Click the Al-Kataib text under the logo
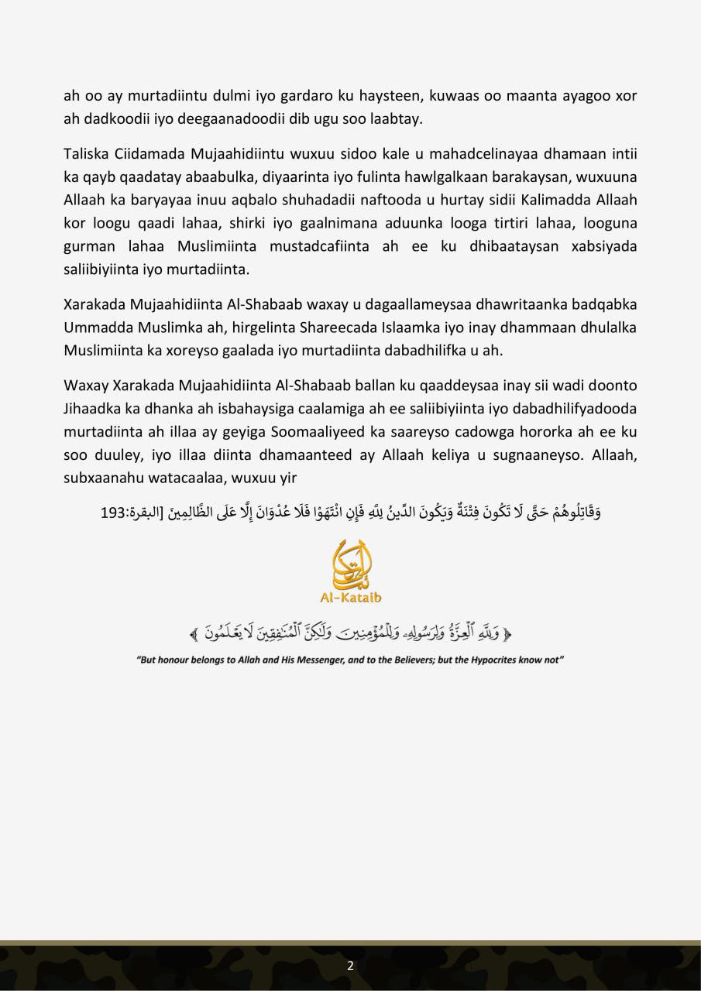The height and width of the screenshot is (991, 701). click(350, 597)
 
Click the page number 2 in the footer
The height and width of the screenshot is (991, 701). click(350, 965)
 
